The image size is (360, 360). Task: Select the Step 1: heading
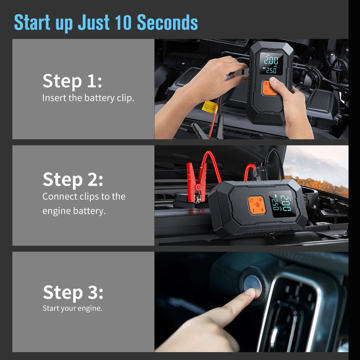point(72,81)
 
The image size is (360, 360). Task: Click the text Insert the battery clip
point(88,98)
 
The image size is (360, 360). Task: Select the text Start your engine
point(72,308)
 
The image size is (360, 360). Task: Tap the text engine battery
point(74,211)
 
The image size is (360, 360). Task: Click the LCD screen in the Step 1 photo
point(271,64)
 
